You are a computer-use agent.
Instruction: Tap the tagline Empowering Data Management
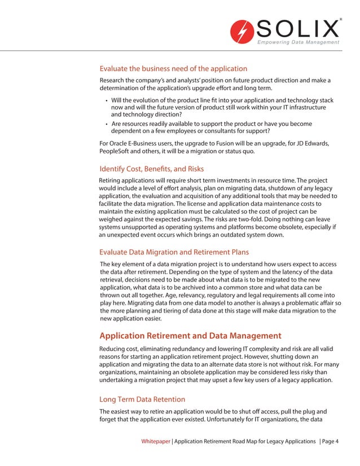coord(298,43)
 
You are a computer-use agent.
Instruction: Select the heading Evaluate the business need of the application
coord(173,69)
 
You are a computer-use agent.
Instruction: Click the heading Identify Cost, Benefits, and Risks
coord(151,169)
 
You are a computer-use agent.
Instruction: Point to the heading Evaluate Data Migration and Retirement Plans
coord(174,252)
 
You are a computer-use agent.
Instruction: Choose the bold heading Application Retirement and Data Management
coord(190,336)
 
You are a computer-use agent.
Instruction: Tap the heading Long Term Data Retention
coord(142,399)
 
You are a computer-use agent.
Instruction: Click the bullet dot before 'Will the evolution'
coord(106,100)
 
